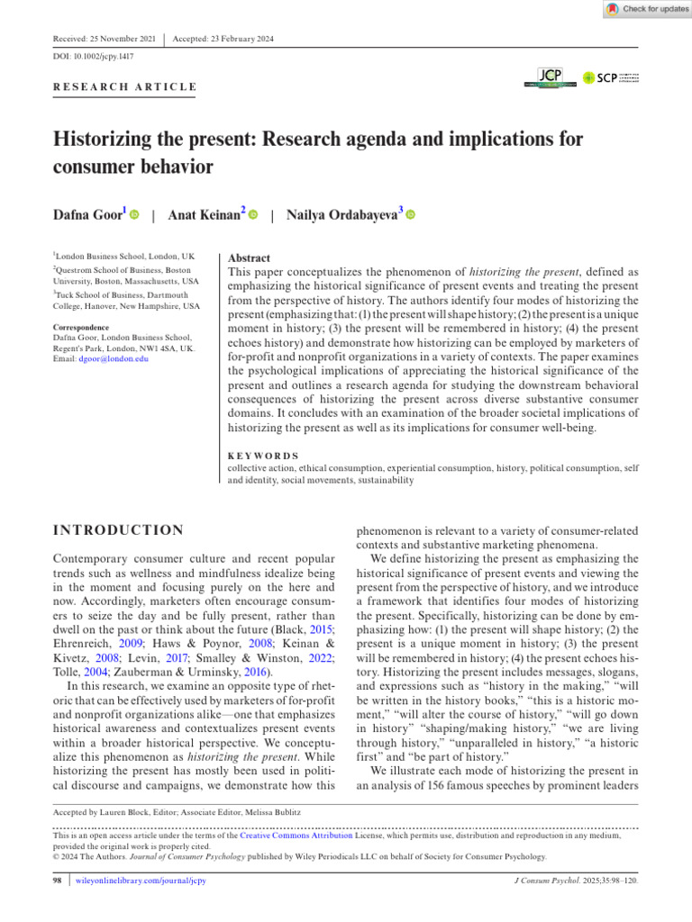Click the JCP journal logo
click(x=550, y=78)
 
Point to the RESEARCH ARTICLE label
click(x=125, y=87)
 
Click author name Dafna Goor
click(x=89, y=215)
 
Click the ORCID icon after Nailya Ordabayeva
click(x=411, y=215)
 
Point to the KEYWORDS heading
click(x=263, y=456)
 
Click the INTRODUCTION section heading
click(x=119, y=530)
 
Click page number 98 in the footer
click(x=58, y=880)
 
